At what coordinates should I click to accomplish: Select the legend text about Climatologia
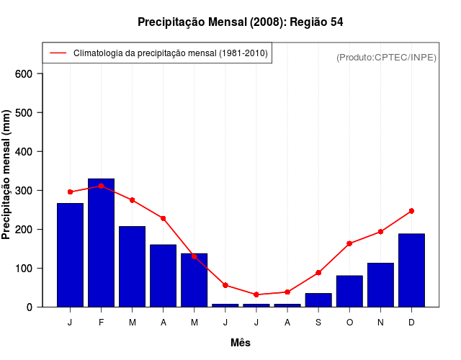[x=171, y=53]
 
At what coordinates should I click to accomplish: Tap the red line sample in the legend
[x=58, y=53]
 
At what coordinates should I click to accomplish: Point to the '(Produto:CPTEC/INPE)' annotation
[x=386, y=57]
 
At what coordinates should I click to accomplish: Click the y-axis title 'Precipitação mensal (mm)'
[x=6, y=174]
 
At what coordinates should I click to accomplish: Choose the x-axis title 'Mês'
[x=241, y=343]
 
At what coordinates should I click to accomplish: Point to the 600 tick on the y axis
[x=24, y=73]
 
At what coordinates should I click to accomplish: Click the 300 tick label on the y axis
[x=24, y=190]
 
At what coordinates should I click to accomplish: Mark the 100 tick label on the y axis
[x=24, y=268]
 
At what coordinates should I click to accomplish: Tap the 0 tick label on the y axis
[x=30, y=307]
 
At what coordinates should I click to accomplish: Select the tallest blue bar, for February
[x=101, y=243]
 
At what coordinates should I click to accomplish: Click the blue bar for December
[x=411, y=270]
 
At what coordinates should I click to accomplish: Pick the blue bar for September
[x=318, y=300]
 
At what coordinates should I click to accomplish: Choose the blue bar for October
[x=349, y=291]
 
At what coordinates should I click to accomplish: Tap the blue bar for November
[x=380, y=284]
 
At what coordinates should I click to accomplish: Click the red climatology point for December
[x=411, y=211]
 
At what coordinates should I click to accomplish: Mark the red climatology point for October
[x=349, y=243]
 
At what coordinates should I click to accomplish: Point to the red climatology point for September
[x=318, y=273]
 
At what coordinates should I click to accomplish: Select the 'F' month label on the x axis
[x=101, y=323]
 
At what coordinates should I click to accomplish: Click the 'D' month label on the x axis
[x=411, y=323]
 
